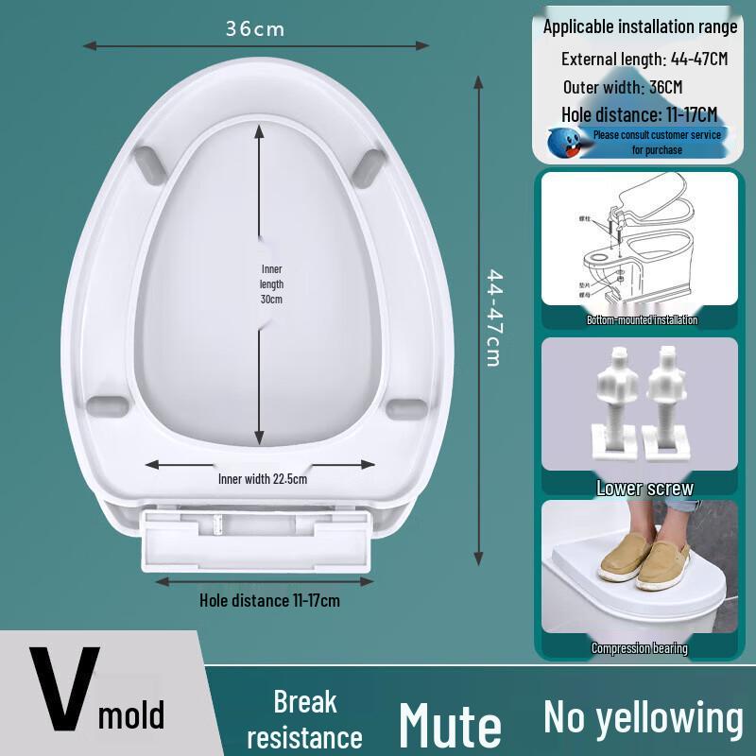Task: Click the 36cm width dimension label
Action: click(x=254, y=29)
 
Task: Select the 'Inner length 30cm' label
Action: click(x=272, y=283)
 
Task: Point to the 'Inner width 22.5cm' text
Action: click(x=263, y=478)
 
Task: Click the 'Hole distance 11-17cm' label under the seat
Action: click(x=269, y=599)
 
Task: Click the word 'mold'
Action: click(x=131, y=715)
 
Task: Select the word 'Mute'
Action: click(x=450, y=724)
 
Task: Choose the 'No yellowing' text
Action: click(x=643, y=717)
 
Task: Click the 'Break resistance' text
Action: click(x=304, y=719)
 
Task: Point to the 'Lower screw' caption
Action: click(x=644, y=489)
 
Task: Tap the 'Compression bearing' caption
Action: click(x=640, y=648)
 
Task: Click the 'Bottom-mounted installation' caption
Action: click(x=642, y=320)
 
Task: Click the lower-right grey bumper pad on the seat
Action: click(x=407, y=407)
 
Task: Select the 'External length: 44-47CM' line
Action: click(x=644, y=59)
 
